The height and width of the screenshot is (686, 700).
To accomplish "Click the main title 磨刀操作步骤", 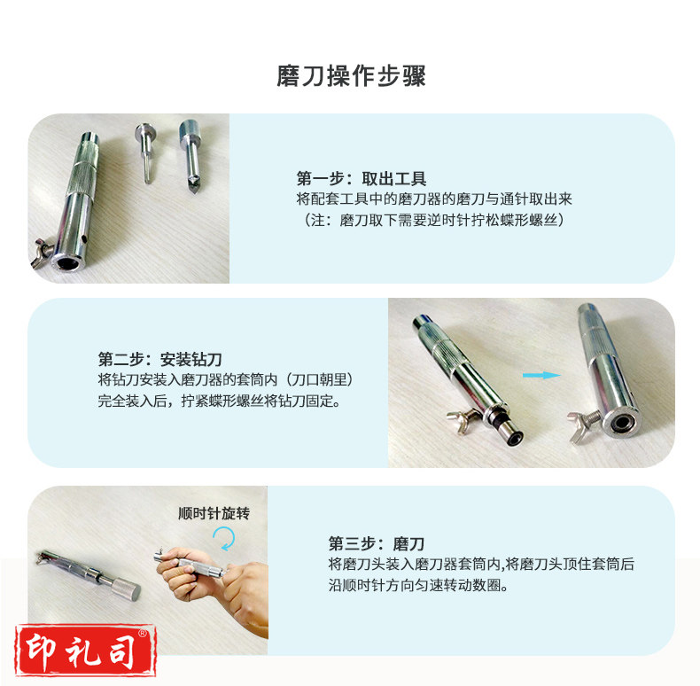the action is [351, 76].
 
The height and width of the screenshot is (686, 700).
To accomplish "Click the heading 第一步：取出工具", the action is [362, 179].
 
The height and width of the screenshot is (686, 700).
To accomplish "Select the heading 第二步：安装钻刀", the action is [159, 359].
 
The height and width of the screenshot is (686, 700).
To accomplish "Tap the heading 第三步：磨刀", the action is [377, 543].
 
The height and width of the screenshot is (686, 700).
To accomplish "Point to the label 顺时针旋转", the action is [214, 513].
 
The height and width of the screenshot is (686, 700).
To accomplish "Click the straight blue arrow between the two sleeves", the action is [541, 375].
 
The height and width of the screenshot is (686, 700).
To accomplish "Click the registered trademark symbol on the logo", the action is [143, 633].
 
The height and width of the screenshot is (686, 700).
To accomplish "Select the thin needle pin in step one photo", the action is [145, 152].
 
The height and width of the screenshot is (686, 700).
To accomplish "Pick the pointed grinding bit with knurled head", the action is [191, 155].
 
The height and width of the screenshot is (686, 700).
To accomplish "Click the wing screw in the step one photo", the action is [43, 253].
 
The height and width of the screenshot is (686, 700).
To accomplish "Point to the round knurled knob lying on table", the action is [126, 588].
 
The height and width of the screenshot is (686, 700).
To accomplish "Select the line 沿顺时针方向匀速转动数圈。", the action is [418, 585].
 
